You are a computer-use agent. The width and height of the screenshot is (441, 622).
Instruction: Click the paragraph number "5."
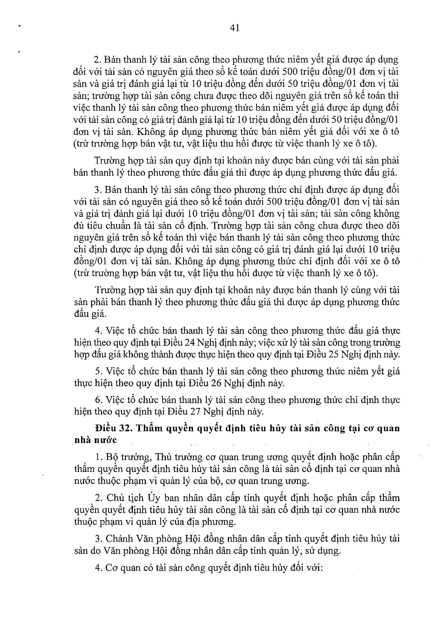click(x=98, y=372)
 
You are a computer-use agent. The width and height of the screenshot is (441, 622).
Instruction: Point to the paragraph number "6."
click(x=98, y=400)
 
